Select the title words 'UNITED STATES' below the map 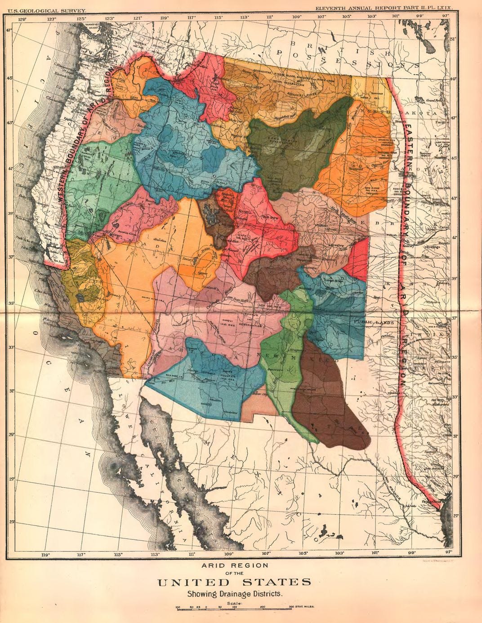(x=234, y=583)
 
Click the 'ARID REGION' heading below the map (x=234, y=565)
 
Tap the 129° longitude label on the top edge (x=22, y=19)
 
